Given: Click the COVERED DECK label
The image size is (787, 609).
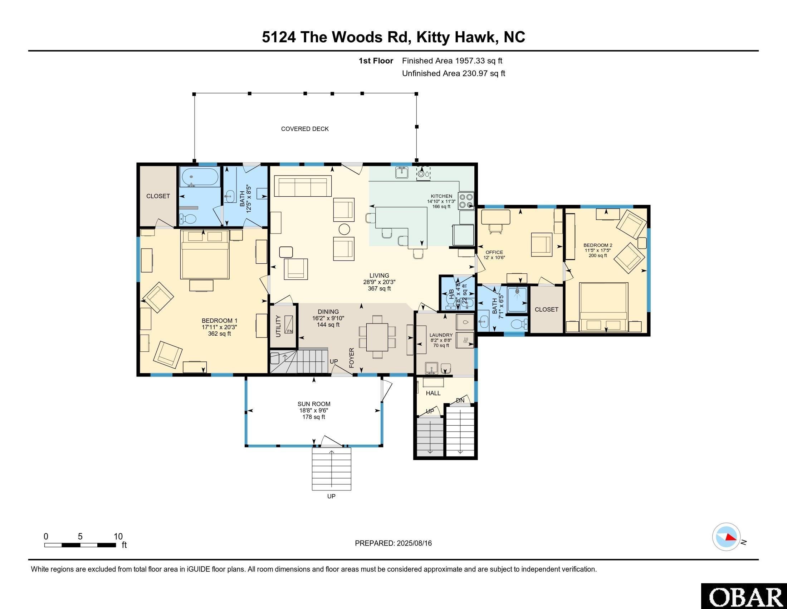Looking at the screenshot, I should coord(305,129).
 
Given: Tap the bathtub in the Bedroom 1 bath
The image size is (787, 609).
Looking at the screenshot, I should coord(200,177).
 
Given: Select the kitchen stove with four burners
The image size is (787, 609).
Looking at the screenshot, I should coord(466,201).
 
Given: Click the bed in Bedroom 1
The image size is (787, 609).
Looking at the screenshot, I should coord(205,254).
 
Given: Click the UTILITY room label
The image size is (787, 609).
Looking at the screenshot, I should coord(278,326).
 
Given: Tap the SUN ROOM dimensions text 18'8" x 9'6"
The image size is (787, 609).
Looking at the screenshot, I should coord(313,411).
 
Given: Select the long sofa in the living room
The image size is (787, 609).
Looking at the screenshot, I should coord(303,186).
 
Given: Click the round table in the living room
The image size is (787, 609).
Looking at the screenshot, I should coord(344,229).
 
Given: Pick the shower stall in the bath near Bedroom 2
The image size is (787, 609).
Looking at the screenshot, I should coord(518,299).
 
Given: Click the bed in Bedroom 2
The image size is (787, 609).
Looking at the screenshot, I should coord(603,307).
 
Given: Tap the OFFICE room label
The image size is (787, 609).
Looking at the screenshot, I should coord(494,252).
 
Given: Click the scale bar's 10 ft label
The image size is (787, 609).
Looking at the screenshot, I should coord(118,537).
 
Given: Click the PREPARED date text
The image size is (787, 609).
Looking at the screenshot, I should coord(393,543).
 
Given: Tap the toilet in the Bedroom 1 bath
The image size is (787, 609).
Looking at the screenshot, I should coord(188,219).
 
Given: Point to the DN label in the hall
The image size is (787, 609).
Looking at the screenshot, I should coord(460,401).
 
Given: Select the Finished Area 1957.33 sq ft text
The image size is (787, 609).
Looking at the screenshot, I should coord(452,61).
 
